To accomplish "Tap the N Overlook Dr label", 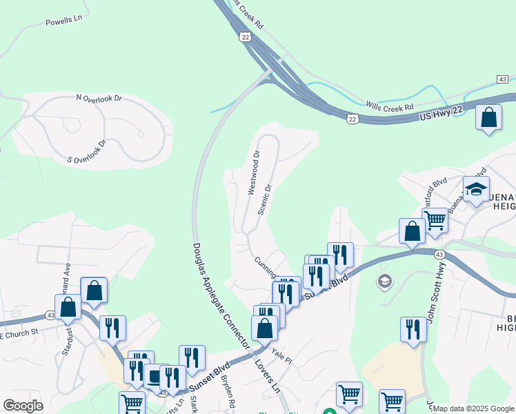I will [x=99, y=99].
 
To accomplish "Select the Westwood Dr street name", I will [x=253, y=172].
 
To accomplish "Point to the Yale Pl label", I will [x=282, y=356].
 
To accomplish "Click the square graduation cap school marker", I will [x=477, y=190].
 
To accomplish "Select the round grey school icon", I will [x=384, y=281].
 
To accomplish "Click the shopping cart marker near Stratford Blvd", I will [x=435, y=221].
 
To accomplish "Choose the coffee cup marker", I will [x=156, y=376].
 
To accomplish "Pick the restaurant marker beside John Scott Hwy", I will [x=413, y=328].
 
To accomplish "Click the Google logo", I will [x=23, y=405].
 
